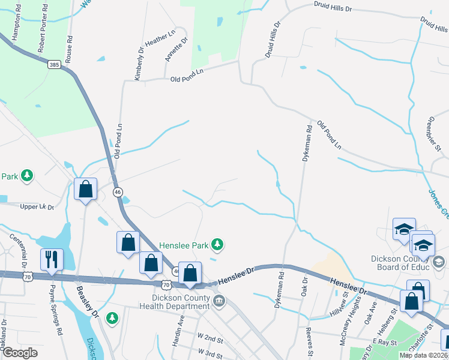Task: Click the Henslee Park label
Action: pos(183,245)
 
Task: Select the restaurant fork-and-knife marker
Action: pos(51,259)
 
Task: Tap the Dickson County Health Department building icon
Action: pos(219,300)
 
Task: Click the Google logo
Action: pos(20,352)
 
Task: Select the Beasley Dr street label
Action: pos(85,301)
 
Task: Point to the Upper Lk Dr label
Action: pos(37,207)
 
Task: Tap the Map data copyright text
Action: pos(424,355)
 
